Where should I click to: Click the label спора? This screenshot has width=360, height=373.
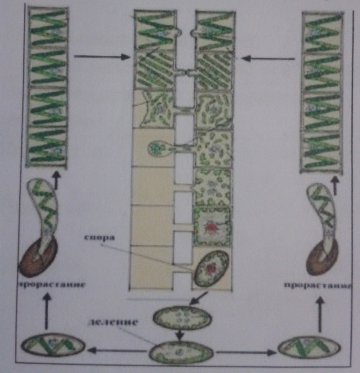(100, 238)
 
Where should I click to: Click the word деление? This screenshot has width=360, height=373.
(113, 322)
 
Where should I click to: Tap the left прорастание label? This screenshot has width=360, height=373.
(52, 284)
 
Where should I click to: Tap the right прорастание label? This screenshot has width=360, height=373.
(317, 285)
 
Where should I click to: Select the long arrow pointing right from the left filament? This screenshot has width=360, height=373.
(102, 57)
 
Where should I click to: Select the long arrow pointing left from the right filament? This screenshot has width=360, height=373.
(268, 58)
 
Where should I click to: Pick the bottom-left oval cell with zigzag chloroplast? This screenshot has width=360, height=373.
(53, 345)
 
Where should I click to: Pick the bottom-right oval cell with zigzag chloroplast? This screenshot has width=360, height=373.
(309, 348)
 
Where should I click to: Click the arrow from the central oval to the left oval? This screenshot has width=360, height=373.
(117, 350)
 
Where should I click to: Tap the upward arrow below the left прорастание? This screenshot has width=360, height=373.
(47, 311)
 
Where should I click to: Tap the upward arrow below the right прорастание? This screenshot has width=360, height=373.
(320, 314)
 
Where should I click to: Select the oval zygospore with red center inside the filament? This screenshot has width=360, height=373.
(212, 268)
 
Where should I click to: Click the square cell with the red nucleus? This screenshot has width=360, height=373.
(211, 226)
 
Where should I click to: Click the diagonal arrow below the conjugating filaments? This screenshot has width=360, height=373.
(199, 298)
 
